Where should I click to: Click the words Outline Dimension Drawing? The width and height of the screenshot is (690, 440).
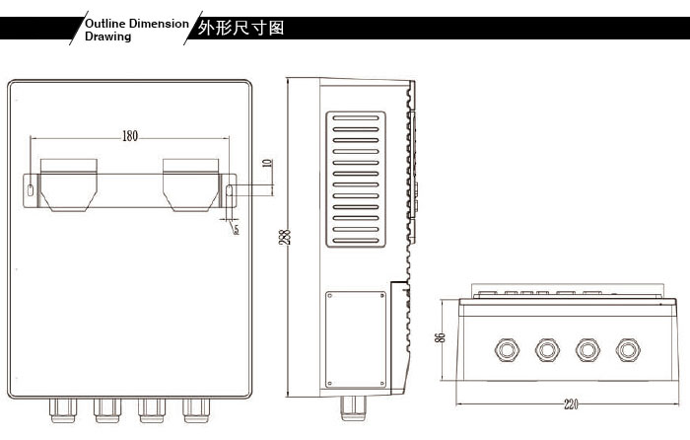[134, 29]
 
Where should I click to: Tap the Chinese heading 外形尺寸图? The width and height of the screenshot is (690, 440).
[241, 28]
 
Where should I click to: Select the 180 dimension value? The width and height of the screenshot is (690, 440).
[129, 136]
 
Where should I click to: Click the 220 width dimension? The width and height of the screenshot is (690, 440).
[571, 404]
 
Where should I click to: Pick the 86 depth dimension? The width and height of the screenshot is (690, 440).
[441, 337]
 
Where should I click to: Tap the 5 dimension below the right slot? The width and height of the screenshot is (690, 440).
[237, 229]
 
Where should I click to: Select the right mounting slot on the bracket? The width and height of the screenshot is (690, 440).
[230, 189]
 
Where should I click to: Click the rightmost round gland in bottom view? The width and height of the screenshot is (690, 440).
[627, 348]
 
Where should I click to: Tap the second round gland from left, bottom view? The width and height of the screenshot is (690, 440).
[547, 348]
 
